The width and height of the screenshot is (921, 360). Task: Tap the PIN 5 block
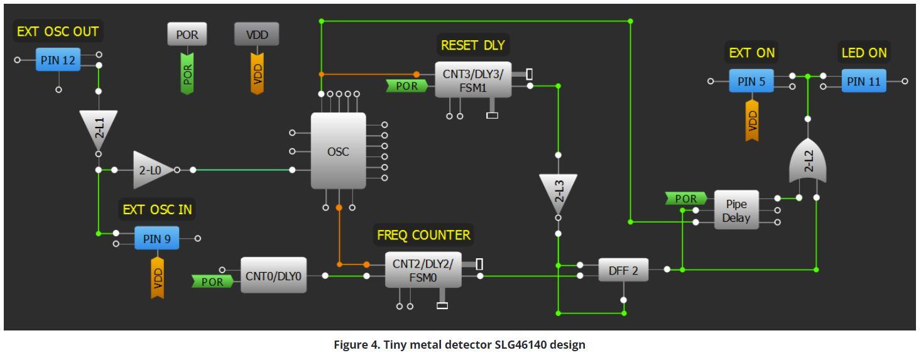(x=751, y=81)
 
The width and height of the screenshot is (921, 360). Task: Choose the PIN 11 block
(x=863, y=81)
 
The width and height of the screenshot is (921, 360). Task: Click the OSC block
(x=338, y=151)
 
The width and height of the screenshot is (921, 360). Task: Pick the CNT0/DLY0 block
(x=273, y=275)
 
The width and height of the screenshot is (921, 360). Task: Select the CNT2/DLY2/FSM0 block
(x=423, y=270)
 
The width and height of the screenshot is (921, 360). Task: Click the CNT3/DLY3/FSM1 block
(x=472, y=80)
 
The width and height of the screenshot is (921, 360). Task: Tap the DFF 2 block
(x=623, y=270)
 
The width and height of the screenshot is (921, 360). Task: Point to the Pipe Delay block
(x=736, y=210)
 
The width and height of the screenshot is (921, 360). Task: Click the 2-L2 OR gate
(x=808, y=161)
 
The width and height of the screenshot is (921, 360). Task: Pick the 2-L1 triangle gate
(x=98, y=129)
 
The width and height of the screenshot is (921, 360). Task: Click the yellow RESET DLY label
(x=472, y=45)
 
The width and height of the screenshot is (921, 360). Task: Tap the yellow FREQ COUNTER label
(x=423, y=235)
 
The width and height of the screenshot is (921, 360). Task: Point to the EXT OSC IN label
(x=156, y=210)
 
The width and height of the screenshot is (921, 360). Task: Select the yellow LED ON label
(x=863, y=53)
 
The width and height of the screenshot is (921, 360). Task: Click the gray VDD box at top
(x=256, y=35)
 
